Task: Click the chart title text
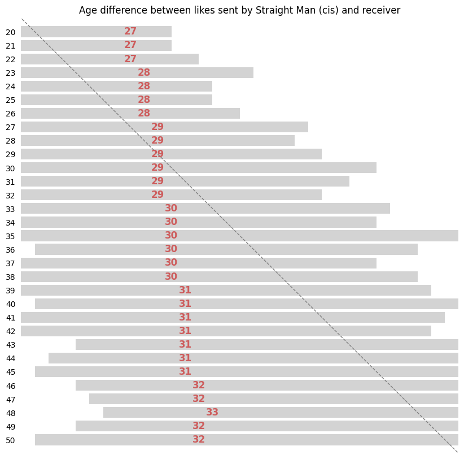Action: (x=239, y=10)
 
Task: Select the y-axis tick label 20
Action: (x=11, y=32)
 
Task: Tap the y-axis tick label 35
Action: (x=11, y=236)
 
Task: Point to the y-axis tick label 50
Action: (x=11, y=440)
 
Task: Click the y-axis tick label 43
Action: (x=11, y=345)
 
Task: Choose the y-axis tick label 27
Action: (x=11, y=127)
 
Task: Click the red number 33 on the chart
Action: (x=212, y=413)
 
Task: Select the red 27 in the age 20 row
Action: (x=130, y=32)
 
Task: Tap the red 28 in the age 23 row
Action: (x=144, y=72)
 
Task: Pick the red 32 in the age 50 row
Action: (x=199, y=440)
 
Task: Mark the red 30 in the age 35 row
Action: (x=171, y=236)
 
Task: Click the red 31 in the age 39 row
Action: (x=185, y=290)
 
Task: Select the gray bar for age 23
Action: (x=85, y=73)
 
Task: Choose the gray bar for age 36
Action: (x=282, y=249)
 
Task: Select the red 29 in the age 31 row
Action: (x=157, y=181)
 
